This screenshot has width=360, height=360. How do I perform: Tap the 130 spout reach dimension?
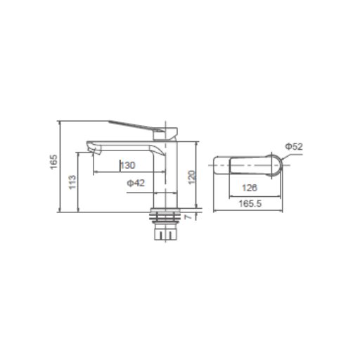[x=127, y=165]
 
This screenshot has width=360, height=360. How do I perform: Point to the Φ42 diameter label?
[x=136, y=183]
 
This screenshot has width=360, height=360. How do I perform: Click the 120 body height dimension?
[x=191, y=176]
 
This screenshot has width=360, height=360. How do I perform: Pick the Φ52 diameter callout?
[x=294, y=146]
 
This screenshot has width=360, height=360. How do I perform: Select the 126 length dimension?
[x=248, y=188]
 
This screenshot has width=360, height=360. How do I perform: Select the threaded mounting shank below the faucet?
[x=167, y=229]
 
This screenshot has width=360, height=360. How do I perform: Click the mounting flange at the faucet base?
[x=167, y=211]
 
